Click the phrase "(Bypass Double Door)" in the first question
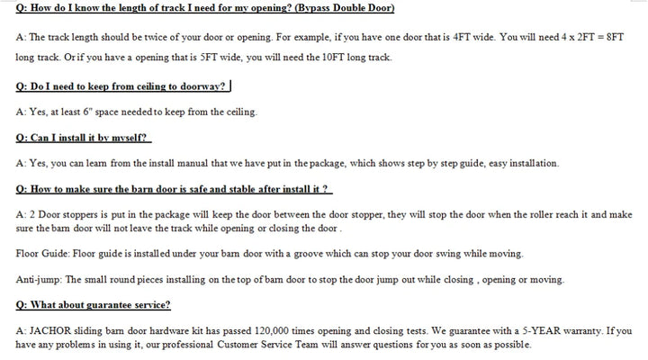(x=337, y=8)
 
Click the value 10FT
(x=320, y=58)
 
